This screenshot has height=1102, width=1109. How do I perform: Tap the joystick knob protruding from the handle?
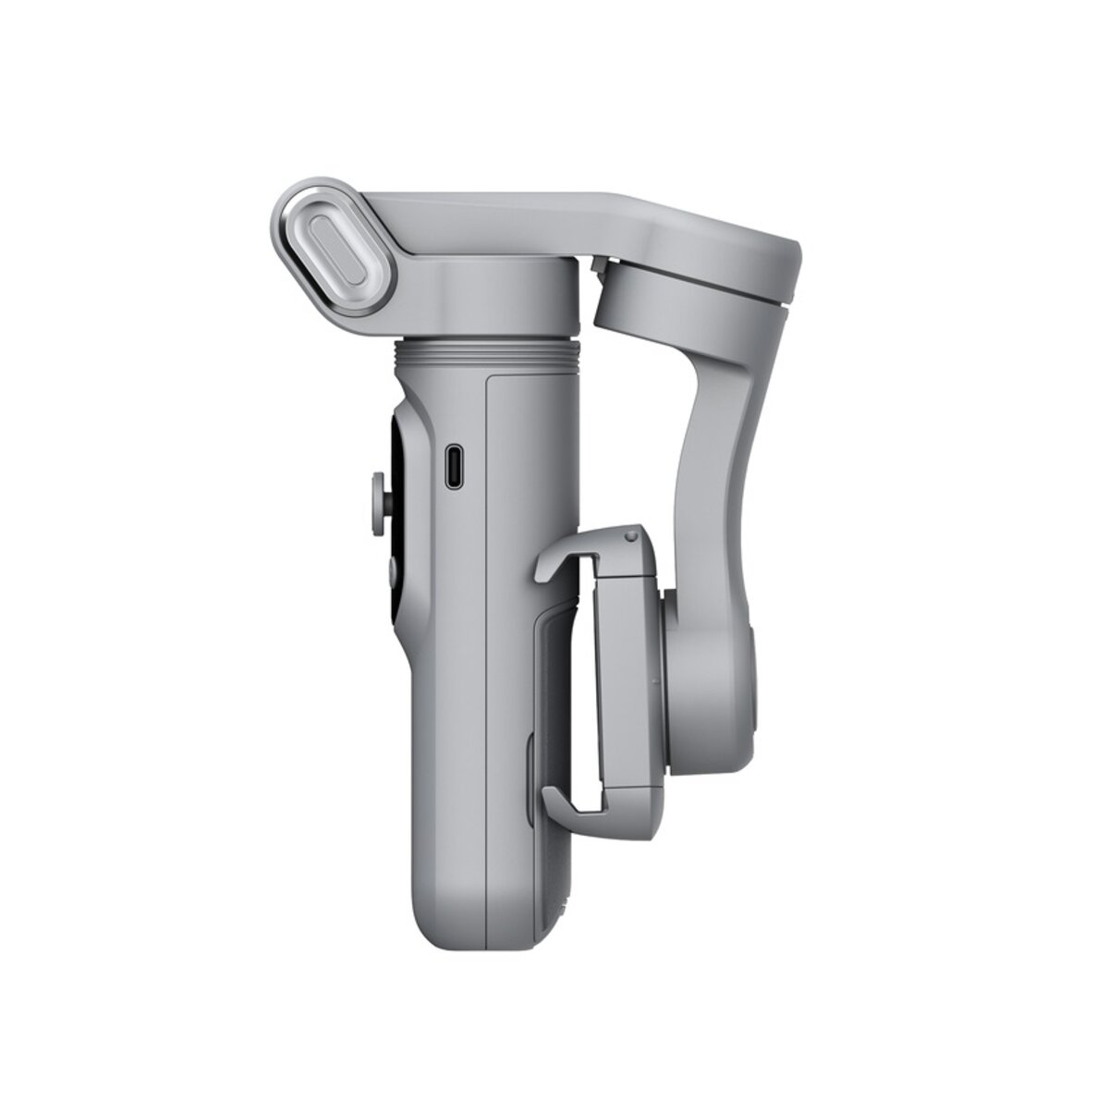tap(382, 489)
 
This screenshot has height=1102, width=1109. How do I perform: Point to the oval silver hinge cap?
tap(326, 251)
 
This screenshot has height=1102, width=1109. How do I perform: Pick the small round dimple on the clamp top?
tap(630, 535)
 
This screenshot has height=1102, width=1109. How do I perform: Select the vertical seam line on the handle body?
tap(487, 647)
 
